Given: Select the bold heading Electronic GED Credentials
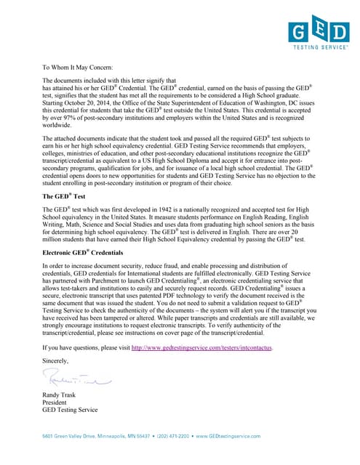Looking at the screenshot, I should (x=81, y=251).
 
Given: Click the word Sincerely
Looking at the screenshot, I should (x=57, y=360).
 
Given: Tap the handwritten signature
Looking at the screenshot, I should (x=76, y=377).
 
